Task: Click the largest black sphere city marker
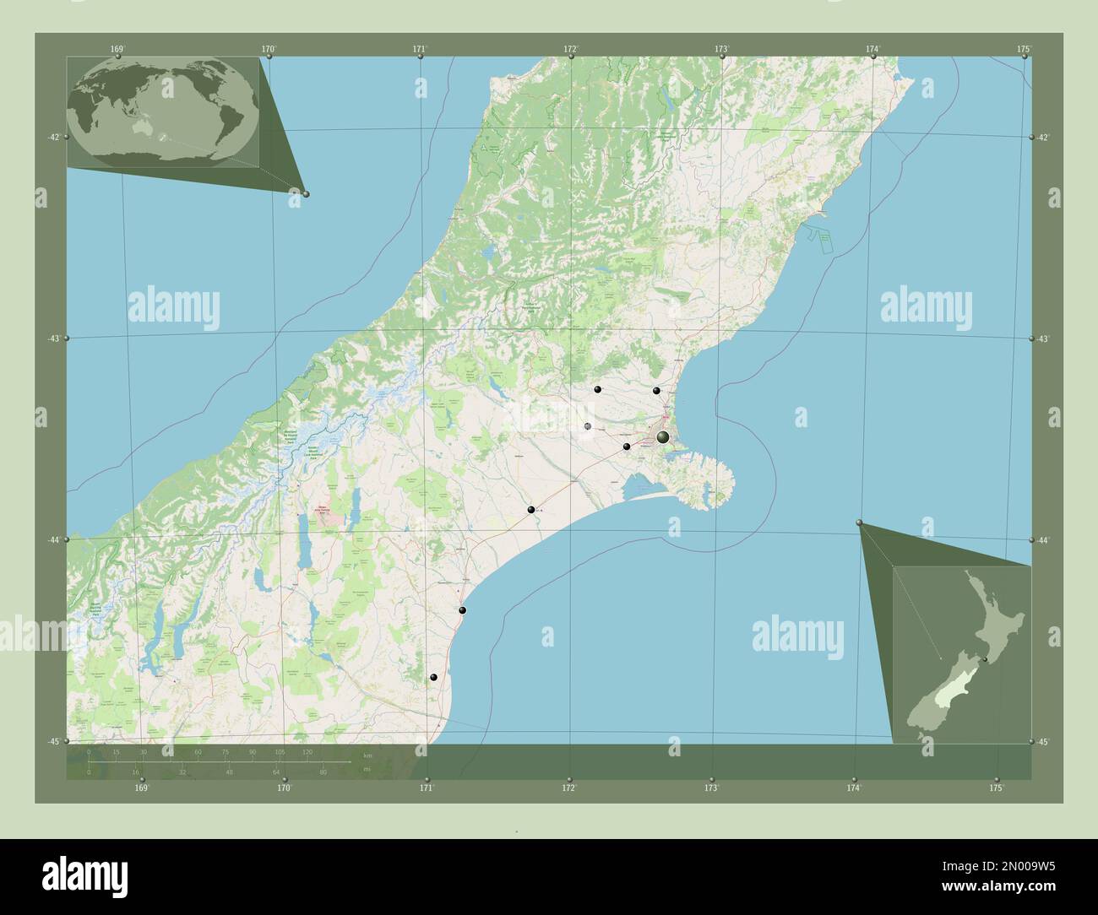click(663, 436)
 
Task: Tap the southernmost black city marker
click(433, 678)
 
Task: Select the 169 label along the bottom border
click(142, 788)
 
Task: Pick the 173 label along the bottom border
click(712, 788)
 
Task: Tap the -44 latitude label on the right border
click(1044, 540)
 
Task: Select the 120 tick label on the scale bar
click(307, 751)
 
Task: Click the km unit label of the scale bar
click(367, 755)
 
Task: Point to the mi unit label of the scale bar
click(366, 769)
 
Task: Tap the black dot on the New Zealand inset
click(985, 659)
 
